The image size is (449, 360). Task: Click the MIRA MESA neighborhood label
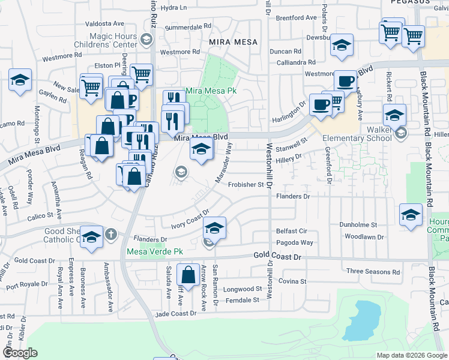pyautogui.click(x=233, y=42)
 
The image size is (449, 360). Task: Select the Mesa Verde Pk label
pyautogui.click(x=154, y=251)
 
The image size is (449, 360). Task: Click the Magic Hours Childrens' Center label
pyautogui.click(x=106, y=40)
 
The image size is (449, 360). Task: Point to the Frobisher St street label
pyautogui.click(x=246, y=185)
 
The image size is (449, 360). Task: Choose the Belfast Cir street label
pyautogui.click(x=291, y=230)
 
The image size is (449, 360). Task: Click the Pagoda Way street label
pyautogui.click(x=294, y=242)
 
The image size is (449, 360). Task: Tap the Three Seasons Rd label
pyautogui.click(x=373, y=271)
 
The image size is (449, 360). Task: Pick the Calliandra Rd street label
pyautogui.click(x=292, y=62)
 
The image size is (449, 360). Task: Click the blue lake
pyautogui.click(x=360, y=322)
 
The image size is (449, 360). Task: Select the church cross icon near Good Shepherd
pyautogui.click(x=110, y=235)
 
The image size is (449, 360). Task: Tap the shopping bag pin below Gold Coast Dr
pyautogui.click(x=188, y=275)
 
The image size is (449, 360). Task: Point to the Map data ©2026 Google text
pyautogui.click(x=412, y=355)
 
